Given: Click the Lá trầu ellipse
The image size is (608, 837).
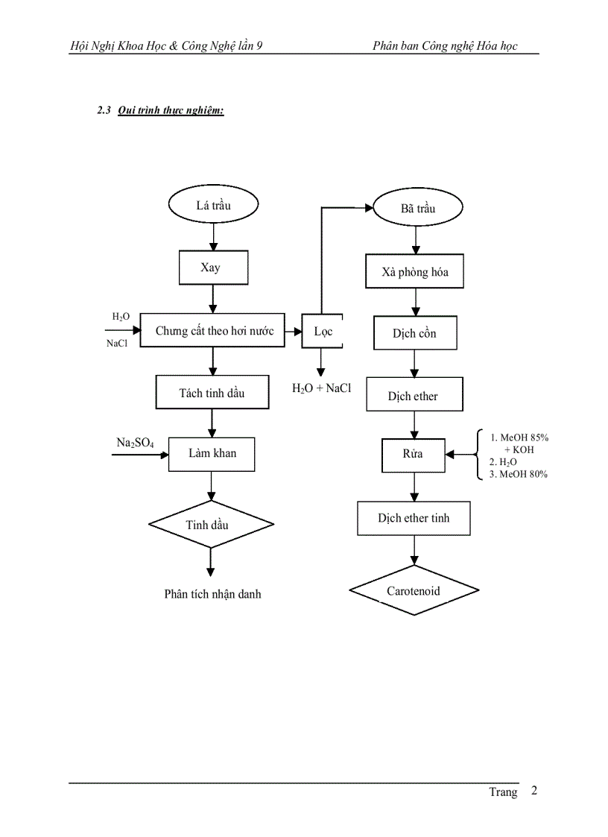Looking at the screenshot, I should [213, 205].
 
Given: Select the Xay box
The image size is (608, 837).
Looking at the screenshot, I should [213, 268].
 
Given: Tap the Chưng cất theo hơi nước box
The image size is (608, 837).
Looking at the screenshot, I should [214, 330].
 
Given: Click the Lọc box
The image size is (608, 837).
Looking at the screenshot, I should [322, 331].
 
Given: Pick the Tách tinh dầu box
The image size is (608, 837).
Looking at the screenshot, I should [212, 392].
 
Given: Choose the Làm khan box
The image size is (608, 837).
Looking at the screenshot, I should [212, 453].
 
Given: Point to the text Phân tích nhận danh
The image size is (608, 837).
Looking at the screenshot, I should [212, 594].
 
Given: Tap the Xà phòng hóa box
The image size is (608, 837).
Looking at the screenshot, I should [415, 272].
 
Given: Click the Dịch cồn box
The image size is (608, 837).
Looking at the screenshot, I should [414, 333].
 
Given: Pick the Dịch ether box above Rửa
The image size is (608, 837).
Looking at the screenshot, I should [414, 395].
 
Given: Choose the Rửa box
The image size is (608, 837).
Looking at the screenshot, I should [413, 455].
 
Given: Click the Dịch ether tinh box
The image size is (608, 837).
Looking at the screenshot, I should [414, 518].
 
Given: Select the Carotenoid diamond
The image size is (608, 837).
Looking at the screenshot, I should [414, 592].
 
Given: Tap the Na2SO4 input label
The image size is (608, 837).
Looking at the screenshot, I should [135, 443].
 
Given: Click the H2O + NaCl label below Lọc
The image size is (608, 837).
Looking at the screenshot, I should [321, 388].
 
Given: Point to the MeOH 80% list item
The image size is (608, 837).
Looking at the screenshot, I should [519, 474].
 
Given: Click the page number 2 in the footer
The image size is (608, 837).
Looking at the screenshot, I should [533, 791].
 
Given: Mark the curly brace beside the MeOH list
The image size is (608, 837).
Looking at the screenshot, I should [478, 454].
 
